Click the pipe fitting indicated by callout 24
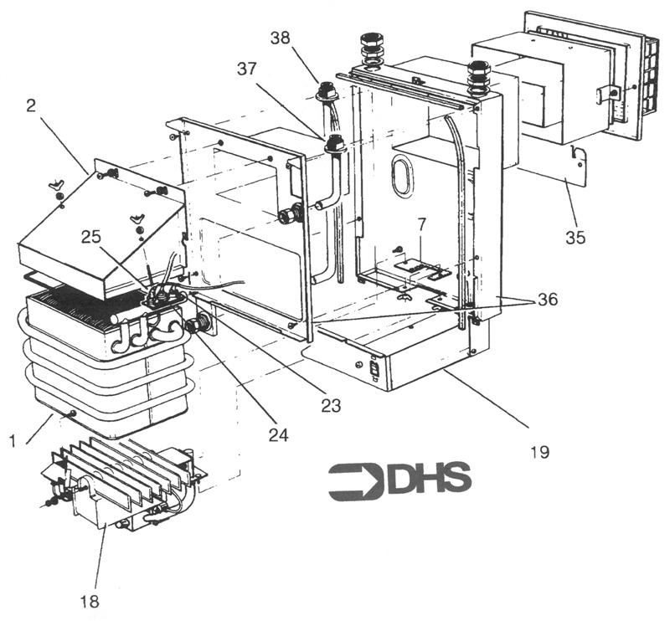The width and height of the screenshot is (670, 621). (x=200, y=325)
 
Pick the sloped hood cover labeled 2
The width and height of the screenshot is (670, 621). (x=100, y=239)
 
